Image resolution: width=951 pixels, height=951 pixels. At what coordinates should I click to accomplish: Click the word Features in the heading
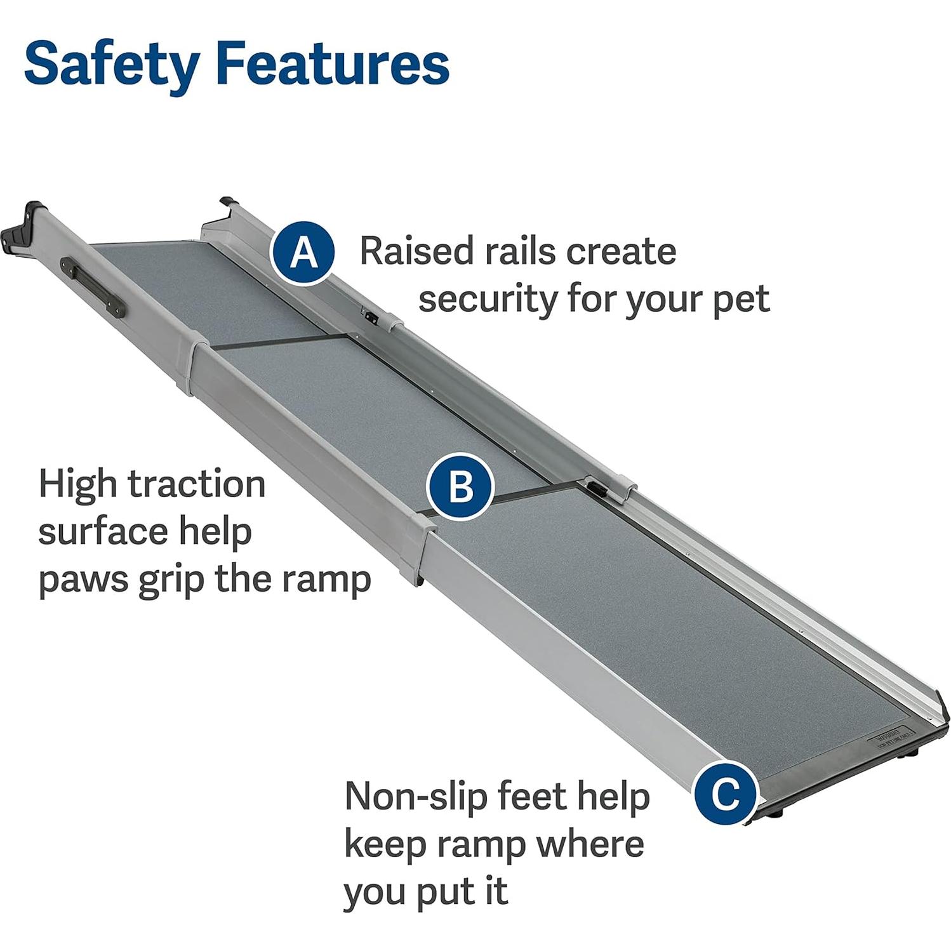332,63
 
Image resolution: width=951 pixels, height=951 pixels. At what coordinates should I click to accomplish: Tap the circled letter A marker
302,253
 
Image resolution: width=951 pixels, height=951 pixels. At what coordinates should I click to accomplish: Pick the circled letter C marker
725,792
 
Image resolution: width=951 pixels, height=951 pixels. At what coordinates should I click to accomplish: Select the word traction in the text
197,484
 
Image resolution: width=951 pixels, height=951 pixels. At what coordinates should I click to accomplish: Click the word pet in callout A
741,300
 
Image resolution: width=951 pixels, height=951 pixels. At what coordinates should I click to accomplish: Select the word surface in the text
102,532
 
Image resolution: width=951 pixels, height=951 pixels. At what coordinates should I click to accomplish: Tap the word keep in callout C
382,844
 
